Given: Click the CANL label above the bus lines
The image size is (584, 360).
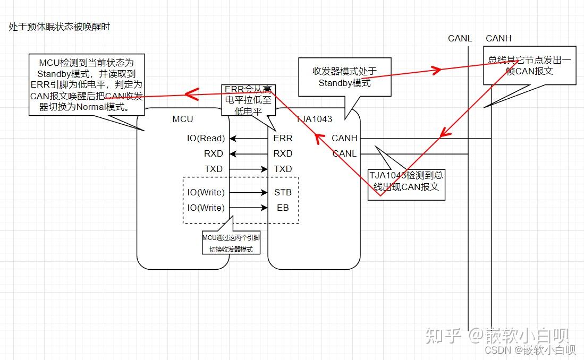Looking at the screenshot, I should (x=460, y=38).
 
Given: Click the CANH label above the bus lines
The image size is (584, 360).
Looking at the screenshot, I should (x=498, y=38).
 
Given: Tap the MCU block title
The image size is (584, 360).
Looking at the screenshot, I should (x=183, y=119).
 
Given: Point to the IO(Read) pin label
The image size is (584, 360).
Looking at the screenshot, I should (x=206, y=139).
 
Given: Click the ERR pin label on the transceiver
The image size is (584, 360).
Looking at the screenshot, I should (x=283, y=139).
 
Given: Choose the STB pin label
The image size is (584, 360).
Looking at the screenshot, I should (x=283, y=192).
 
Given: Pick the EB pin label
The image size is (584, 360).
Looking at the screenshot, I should (x=283, y=208).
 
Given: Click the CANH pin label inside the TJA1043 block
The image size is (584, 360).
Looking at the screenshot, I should (x=344, y=139).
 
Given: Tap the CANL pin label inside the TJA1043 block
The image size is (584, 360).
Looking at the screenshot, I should (x=344, y=154).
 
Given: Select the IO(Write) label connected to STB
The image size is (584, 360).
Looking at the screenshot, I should (x=206, y=192).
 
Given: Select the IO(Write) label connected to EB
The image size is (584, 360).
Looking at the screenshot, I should (x=206, y=208).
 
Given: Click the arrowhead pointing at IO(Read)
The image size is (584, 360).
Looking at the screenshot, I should (x=233, y=139).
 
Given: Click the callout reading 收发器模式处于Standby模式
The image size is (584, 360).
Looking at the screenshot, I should (x=344, y=77).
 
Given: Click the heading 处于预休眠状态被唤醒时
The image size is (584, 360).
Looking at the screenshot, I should (x=60, y=27).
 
